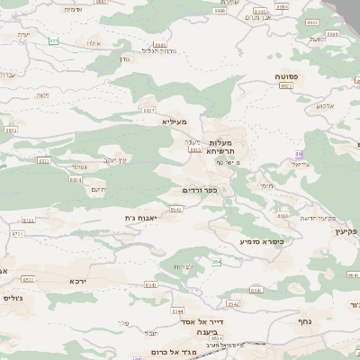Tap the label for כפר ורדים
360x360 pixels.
click(x=201, y=190)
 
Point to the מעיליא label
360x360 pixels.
click(x=175, y=121)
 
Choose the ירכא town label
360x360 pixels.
click(x=78, y=281)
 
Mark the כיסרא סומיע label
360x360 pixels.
click(x=261, y=241)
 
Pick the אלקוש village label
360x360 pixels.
click(x=325, y=105)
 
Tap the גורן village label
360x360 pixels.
click(x=124, y=58)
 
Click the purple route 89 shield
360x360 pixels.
click(x=297, y=154)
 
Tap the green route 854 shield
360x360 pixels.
click(x=216, y=261)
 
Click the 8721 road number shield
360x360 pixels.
click(x=28, y=220)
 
